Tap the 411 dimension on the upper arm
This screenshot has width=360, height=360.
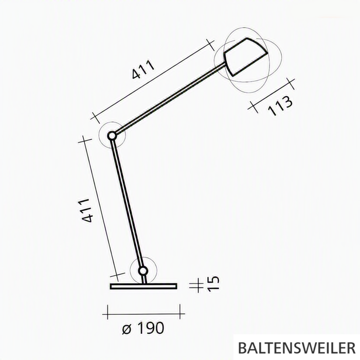(143, 70)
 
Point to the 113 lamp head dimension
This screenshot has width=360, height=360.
(280, 106)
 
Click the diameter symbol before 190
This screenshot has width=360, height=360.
(127, 329)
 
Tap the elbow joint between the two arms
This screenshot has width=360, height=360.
(112, 136)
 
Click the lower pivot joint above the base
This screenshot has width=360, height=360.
(143, 271)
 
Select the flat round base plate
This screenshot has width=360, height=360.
(143, 286)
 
